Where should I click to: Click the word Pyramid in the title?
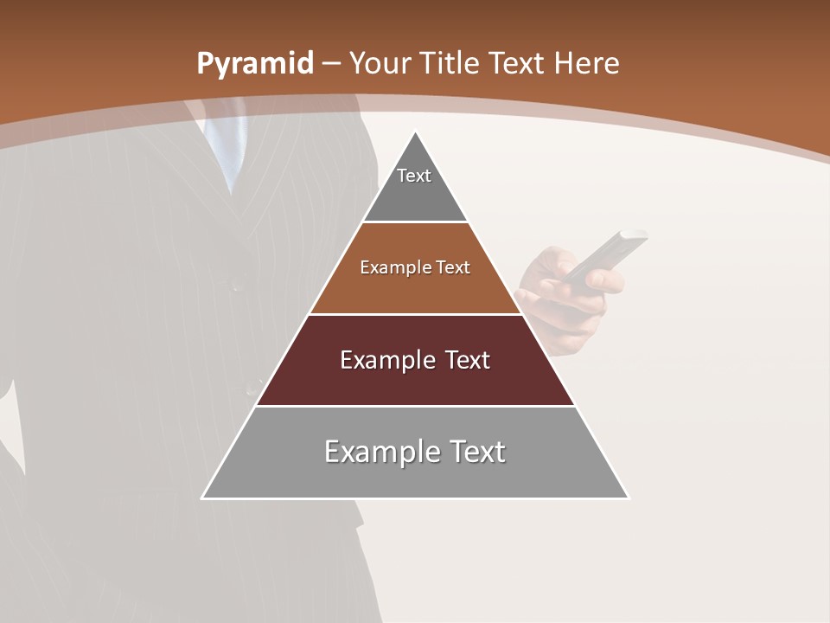click(254, 64)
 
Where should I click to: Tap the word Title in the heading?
click(449, 63)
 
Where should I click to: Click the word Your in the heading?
click(380, 63)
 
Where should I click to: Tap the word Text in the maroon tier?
click(463, 360)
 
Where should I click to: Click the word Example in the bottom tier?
click(377, 452)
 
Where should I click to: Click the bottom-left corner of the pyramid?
click(203, 498)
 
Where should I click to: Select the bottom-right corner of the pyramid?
click(628, 498)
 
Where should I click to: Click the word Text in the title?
click(517, 63)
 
